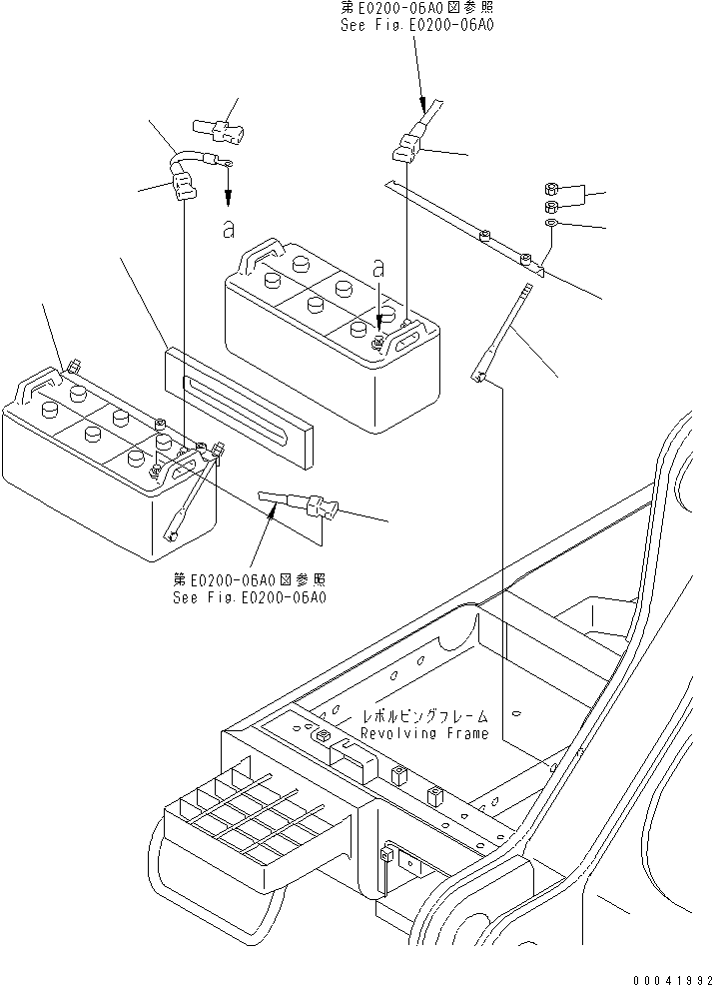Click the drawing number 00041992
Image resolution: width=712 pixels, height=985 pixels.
[x=662, y=968]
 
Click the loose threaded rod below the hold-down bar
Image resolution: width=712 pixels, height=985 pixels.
[x=506, y=330]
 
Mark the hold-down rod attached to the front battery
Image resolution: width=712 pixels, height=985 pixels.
[x=190, y=498]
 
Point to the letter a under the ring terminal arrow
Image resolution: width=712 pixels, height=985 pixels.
[x=229, y=229]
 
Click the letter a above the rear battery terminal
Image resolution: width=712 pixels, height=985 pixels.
[x=377, y=269]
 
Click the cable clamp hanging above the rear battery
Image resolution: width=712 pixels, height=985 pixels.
[x=406, y=149]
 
